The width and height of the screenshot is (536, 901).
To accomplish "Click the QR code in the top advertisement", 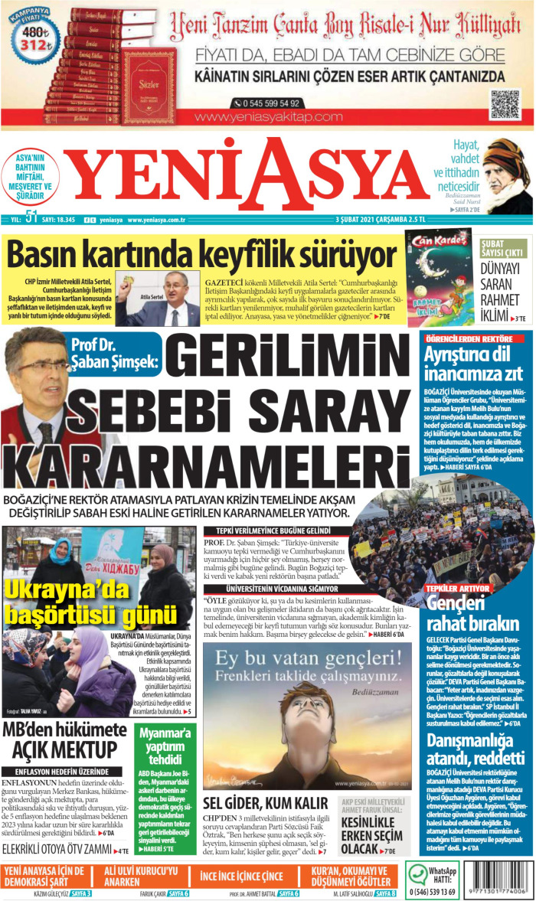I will coord(505,103).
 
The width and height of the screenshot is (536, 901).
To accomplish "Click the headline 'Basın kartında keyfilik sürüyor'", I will coord(201,254).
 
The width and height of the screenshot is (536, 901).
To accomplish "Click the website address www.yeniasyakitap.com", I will coord(269,117).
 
